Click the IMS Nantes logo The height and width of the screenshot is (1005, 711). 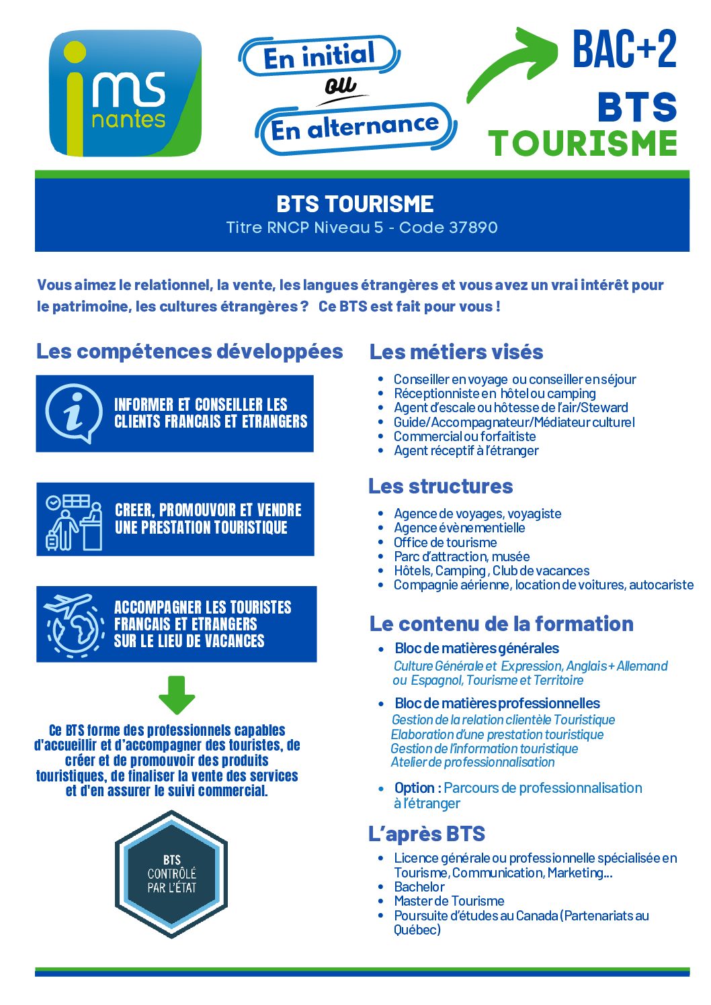point(126,93)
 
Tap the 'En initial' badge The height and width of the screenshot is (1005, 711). point(319,56)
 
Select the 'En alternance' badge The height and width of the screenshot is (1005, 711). point(355,128)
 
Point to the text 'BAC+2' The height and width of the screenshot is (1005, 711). point(624,49)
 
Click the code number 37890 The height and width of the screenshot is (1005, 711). point(473,228)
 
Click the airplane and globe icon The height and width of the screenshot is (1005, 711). point(74,624)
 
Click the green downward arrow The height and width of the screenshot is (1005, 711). point(177,695)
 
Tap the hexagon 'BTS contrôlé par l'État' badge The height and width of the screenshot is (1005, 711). point(171,874)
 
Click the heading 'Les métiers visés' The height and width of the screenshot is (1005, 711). point(456,352)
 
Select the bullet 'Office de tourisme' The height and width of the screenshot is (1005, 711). point(445,542)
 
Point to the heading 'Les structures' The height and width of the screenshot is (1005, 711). point(440,486)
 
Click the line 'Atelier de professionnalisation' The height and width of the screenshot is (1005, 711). point(472,762)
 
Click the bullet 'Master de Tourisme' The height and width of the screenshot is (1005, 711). point(449,901)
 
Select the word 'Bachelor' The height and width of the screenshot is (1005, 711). point(419,887)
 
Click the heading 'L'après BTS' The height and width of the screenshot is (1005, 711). point(427,834)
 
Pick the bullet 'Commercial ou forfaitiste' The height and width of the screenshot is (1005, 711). point(464,436)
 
